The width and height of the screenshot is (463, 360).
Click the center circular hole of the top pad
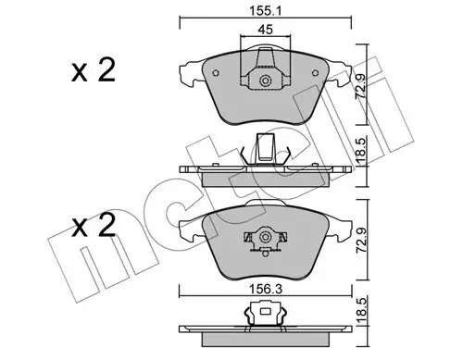tap(266, 82)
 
